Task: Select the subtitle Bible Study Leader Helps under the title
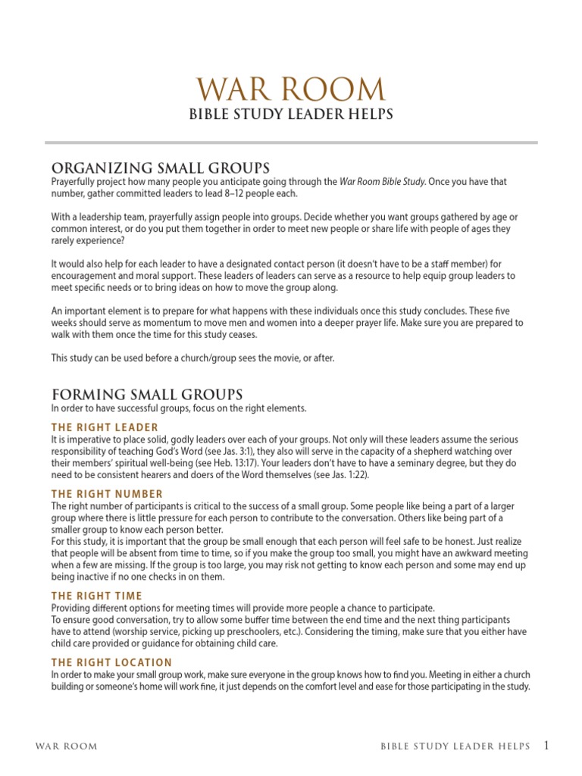(291, 114)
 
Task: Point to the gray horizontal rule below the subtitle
(291, 142)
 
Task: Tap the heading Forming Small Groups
(147, 394)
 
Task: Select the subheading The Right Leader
(105, 427)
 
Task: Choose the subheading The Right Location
(112, 662)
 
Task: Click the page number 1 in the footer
(546, 746)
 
